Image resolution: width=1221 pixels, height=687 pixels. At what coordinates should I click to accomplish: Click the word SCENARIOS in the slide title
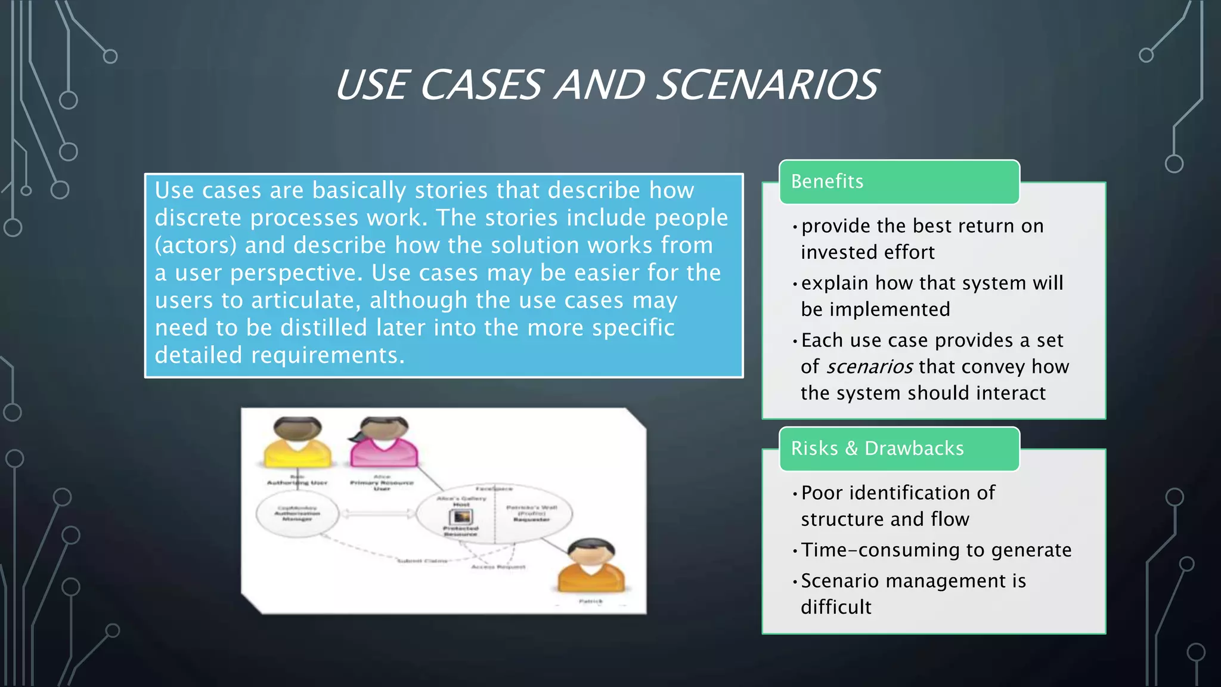tap(768, 85)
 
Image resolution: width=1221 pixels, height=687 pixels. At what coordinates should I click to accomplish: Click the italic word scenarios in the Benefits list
tap(869, 367)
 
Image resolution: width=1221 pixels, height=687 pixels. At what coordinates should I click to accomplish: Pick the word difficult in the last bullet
tap(836, 607)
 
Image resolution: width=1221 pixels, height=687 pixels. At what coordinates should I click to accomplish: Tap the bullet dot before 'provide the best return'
tap(795, 227)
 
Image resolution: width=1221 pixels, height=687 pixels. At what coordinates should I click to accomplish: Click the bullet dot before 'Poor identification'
tap(795, 494)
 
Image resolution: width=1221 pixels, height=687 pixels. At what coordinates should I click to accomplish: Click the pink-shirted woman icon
tap(384, 442)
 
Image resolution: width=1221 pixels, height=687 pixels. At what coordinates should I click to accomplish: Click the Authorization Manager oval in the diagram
tap(297, 513)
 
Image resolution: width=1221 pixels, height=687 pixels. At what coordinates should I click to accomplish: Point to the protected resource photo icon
tap(460, 516)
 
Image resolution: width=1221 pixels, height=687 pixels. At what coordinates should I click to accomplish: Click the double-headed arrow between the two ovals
tap(377, 513)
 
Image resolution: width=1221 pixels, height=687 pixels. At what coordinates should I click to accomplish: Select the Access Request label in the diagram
tap(498, 567)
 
